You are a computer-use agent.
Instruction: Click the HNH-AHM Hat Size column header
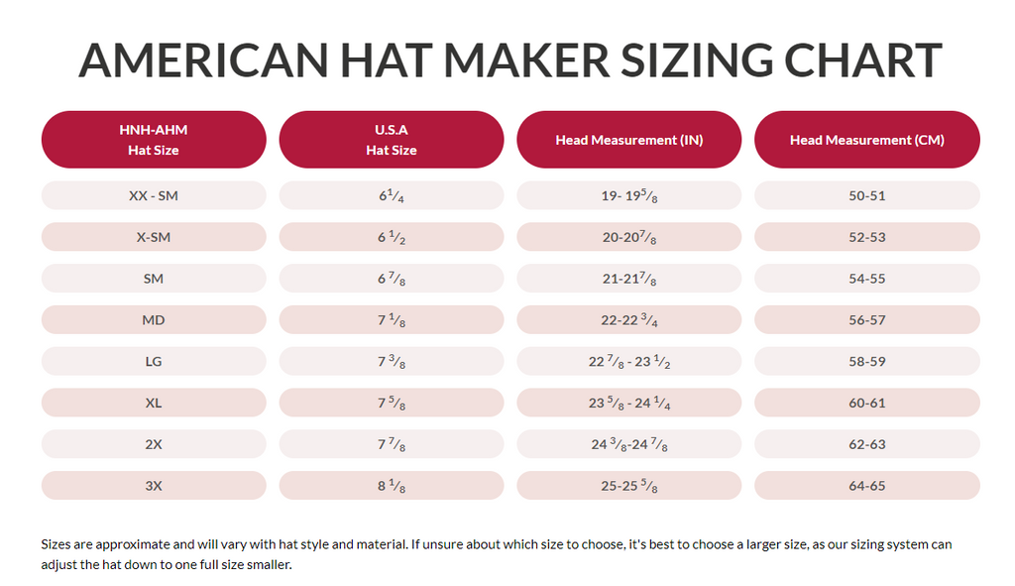(x=154, y=140)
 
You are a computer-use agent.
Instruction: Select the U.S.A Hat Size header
(x=392, y=140)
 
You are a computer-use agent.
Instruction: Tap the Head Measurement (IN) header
(x=629, y=140)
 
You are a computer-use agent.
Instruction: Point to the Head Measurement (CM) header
(x=867, y=140)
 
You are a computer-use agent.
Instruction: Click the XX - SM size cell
(x=154, y=195)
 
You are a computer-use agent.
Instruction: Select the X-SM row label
(x=154, y=237)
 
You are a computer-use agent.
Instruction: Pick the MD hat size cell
(x=154, y=320)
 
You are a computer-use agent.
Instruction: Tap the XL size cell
(x=154, y=403)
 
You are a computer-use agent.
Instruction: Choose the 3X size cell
(x=154, y=486)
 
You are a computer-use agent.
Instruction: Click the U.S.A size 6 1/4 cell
(x=392, y=195)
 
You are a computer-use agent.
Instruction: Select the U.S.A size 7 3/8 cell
(x=392, y=362)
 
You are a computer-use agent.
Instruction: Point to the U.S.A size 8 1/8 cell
(x=392, y=486)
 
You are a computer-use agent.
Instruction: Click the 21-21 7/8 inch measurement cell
(x=629, y=279)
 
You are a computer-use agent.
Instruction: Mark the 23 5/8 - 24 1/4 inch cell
(x=629, y=403)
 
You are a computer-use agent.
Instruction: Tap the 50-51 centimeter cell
(x=867, y=195)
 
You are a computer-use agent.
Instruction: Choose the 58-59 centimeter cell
(x=867, y=362)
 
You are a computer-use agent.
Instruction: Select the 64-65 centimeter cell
(x=867, y=486)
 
